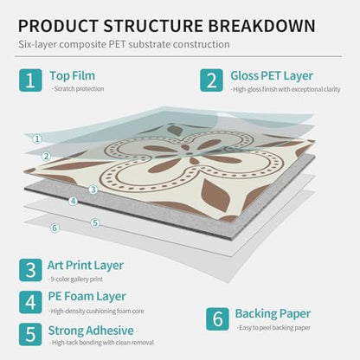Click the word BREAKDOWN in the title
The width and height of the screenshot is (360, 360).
(261, 25)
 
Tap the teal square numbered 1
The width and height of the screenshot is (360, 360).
(30, 80)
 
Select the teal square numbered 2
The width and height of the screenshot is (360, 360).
(211, 80)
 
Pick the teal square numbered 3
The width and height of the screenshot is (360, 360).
(30, 270)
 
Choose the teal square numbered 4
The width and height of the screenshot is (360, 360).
(30, 302)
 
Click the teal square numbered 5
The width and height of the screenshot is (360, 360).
(30, 334)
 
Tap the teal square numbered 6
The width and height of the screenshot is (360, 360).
(217, 319)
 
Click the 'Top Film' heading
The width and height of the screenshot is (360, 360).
(73, 75)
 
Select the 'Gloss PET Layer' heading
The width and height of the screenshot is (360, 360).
(272, 76)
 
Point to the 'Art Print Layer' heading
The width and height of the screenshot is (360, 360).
(86, 266)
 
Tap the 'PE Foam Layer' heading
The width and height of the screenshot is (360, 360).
(87, 297)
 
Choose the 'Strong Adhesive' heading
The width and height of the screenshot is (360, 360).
(91, 331)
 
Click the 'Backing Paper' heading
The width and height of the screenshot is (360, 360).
(273, 314)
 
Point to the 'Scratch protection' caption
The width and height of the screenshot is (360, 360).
(78, 89)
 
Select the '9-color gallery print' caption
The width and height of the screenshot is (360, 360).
(75, 280)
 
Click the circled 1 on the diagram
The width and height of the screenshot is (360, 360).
(37, 139)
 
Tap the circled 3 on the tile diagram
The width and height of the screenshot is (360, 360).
(93, 190)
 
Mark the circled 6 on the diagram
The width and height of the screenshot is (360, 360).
(55, 228)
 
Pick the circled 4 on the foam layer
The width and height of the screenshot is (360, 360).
(74, 201)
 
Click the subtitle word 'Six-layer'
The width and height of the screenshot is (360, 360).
(37, 45)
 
